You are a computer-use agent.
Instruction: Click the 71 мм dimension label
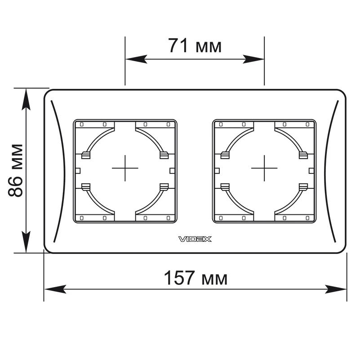click(195, 46)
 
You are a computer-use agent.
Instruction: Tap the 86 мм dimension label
click(15, 170)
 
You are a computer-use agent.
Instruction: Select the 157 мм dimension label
click(196, 278)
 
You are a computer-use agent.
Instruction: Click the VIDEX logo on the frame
click(195, 239)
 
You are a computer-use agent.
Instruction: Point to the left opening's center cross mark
click(125, 168)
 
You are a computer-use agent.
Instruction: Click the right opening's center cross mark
click(264, 168)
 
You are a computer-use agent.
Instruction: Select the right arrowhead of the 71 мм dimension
click(253, 59)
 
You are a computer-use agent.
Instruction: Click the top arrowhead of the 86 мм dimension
click(26, 99)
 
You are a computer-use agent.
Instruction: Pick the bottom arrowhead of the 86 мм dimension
click(26, 242)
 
